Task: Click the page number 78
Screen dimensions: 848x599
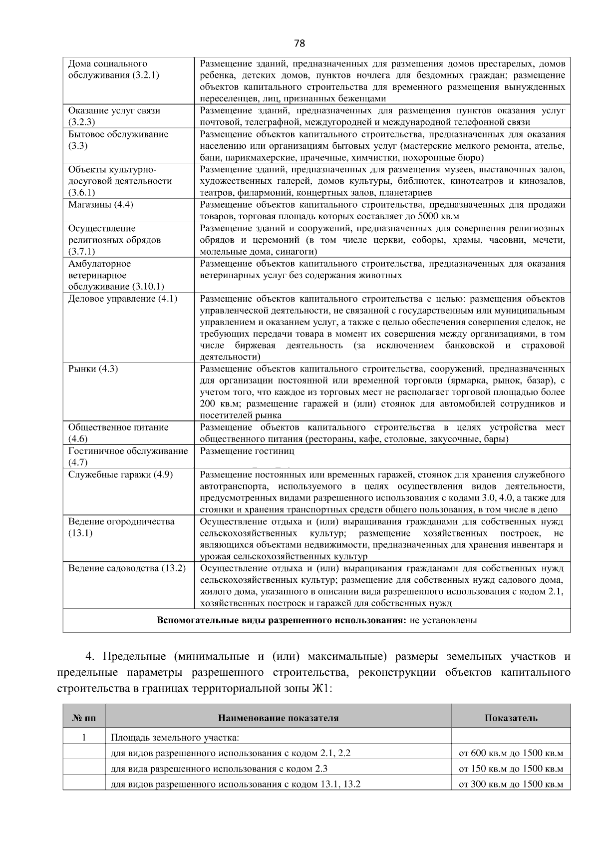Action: coord(299,43)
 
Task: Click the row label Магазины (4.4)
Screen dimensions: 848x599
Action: coord(101,205)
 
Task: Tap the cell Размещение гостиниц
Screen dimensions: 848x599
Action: coord(247,451)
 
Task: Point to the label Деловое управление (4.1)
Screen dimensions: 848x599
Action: coord(123,299)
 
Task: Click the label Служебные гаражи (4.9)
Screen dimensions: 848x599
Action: coord(120,474)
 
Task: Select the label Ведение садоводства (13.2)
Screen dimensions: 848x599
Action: coord(127,568)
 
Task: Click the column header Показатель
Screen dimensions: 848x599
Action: coord(511,718)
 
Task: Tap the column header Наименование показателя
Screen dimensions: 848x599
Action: coord(278,718)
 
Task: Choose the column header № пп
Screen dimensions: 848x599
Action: coord(84,718)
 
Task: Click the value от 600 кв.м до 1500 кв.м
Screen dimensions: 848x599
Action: coord(511,753)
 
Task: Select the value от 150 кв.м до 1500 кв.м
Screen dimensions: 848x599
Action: coord(511,769)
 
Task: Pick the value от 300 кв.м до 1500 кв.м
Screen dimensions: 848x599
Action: coord(511,784)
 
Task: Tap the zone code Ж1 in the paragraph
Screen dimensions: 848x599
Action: coord(320,688)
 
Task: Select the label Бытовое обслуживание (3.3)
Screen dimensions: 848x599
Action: coord(118,134)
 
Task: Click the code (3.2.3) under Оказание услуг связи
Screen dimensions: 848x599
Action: coord(82,122)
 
